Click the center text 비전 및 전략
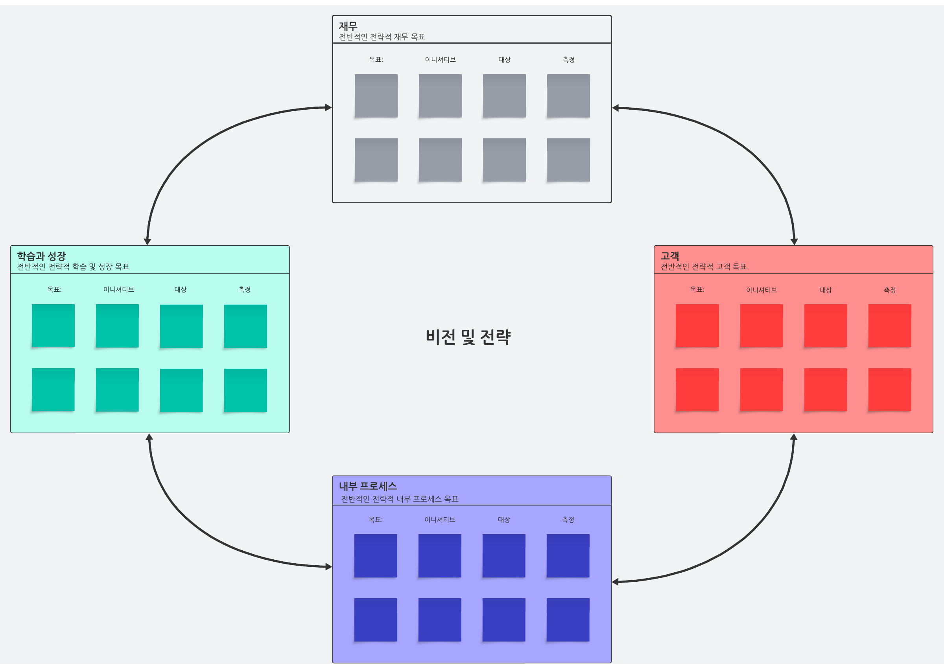coord(468,337)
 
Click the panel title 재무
coord(348,26)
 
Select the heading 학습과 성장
coord(41,256)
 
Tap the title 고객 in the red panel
coord(669,256)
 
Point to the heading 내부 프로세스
coord(368,486)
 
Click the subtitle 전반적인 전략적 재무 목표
coord(382,37)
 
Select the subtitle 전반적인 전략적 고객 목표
coord(703,266)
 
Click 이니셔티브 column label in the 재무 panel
coord(440,60)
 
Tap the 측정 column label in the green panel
coord(244,290)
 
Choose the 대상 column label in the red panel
coord(826,290)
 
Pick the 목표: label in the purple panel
coord(376,520)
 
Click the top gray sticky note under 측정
coord(568,96)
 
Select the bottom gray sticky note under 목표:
coord(376,160)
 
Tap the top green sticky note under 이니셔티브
coord(118,326)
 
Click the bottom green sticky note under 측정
coord(246,390)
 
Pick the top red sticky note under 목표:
coord(697,326)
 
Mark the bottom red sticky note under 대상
coord(826,390)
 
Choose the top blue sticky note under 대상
coord(504,556)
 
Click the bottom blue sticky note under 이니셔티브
coord(440,620)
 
